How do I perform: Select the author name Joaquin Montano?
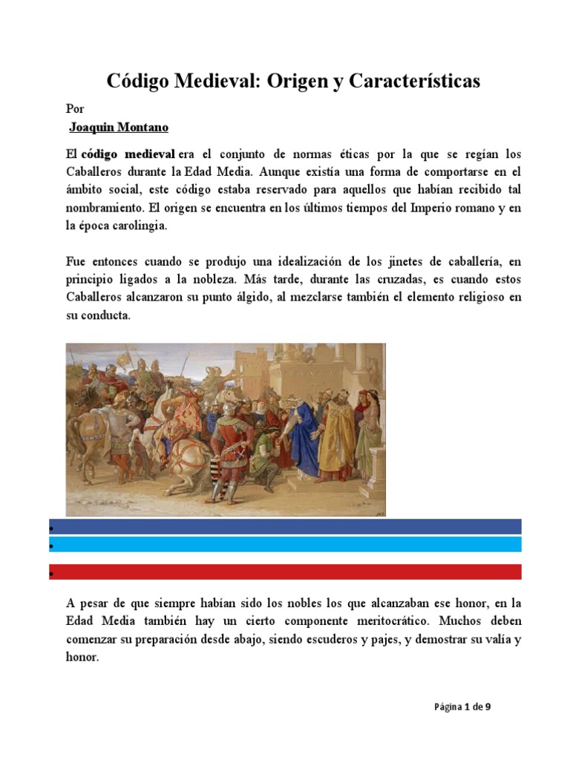[x=119, y=128]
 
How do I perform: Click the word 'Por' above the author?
[x=75, y=108]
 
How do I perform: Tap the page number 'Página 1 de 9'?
[x=462, y=707]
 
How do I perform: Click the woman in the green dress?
[x=367, y=430]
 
